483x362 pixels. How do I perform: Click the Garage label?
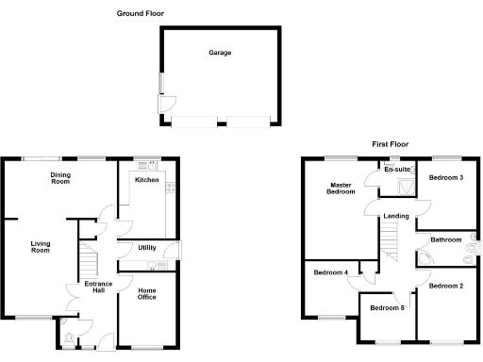[x=220, y=53]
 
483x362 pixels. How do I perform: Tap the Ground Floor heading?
[x=140, y=13]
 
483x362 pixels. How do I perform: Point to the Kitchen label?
[x=146, y=179]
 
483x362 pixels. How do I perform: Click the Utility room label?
[x=146, y=248]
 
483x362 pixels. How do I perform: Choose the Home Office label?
[x=146, y=295]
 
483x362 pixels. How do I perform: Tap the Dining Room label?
[x=61, y=177]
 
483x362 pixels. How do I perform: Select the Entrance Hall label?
[x=96, y=288]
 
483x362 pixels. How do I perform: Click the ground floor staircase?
[x=89, y=255]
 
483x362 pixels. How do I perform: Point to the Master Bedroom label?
[x=341, y=188]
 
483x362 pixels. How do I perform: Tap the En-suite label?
[x=397, y=170]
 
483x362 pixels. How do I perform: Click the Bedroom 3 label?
[x=446, y=177]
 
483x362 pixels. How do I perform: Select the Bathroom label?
[x=446, y=239]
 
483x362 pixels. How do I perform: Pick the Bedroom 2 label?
[x=446, y=285]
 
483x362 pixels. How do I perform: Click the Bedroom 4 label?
[x=331, y=272]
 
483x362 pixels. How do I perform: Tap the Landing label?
[x=395, y=217]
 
